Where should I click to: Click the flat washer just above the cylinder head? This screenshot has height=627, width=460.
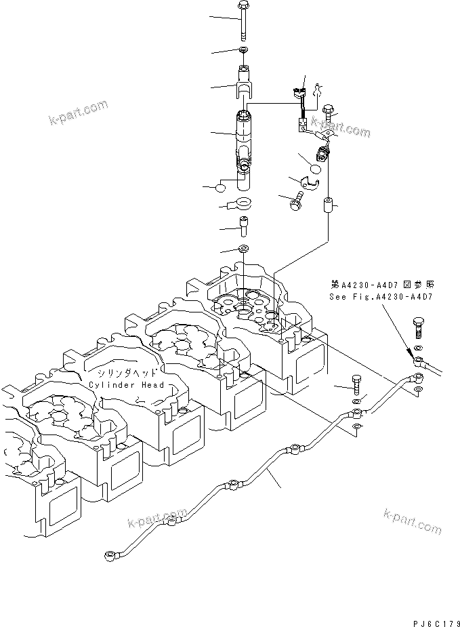(x=243, y=249)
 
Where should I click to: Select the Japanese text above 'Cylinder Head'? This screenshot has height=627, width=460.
(x=127, y=373)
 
